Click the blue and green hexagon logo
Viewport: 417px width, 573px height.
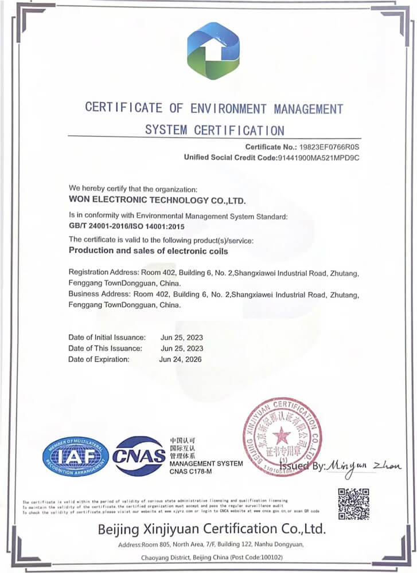(213, 51)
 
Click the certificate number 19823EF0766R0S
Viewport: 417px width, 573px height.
(326, 147)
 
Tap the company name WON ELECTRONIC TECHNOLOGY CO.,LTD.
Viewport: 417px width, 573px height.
(157, 201)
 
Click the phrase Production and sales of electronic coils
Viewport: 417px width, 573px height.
(148, 250)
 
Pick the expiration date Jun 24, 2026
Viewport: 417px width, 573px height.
(181, 359)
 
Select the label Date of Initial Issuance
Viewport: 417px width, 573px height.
(107, 337)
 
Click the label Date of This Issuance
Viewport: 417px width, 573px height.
(105, 348)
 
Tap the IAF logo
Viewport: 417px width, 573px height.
(75, 457)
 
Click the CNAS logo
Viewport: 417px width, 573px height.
(139, 456)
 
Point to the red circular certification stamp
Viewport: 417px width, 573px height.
(282, 437)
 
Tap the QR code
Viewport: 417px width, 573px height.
(353, 503)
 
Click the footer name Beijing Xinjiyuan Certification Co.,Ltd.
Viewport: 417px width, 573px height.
(212, 528)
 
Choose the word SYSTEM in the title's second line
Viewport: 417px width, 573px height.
(166, 129)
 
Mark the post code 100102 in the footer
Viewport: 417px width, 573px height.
(283, 557)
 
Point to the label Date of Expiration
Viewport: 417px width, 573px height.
(99, 359)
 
